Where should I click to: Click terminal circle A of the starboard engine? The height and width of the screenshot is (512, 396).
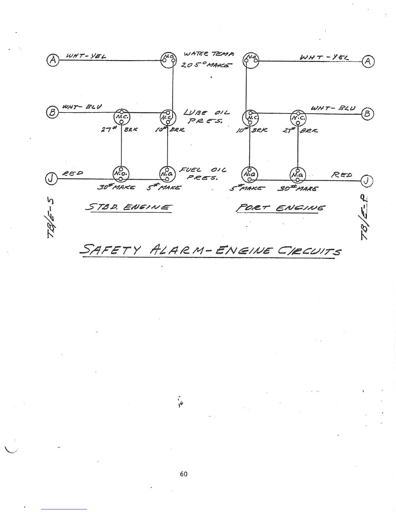tap(53, 60)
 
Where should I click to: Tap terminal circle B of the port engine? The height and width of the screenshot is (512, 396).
tap(368, 113)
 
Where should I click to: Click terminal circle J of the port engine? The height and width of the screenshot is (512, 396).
tap(367, 181)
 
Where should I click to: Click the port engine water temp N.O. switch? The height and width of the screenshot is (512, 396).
tap(251, 59)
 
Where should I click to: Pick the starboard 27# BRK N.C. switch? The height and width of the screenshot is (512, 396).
tap(121, 117)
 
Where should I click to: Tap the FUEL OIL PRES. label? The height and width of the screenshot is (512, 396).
tap(203, 173)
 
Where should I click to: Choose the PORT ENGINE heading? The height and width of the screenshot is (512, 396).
tap(280, 208)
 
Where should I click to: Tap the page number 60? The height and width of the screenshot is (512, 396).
tap(183, 474)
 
